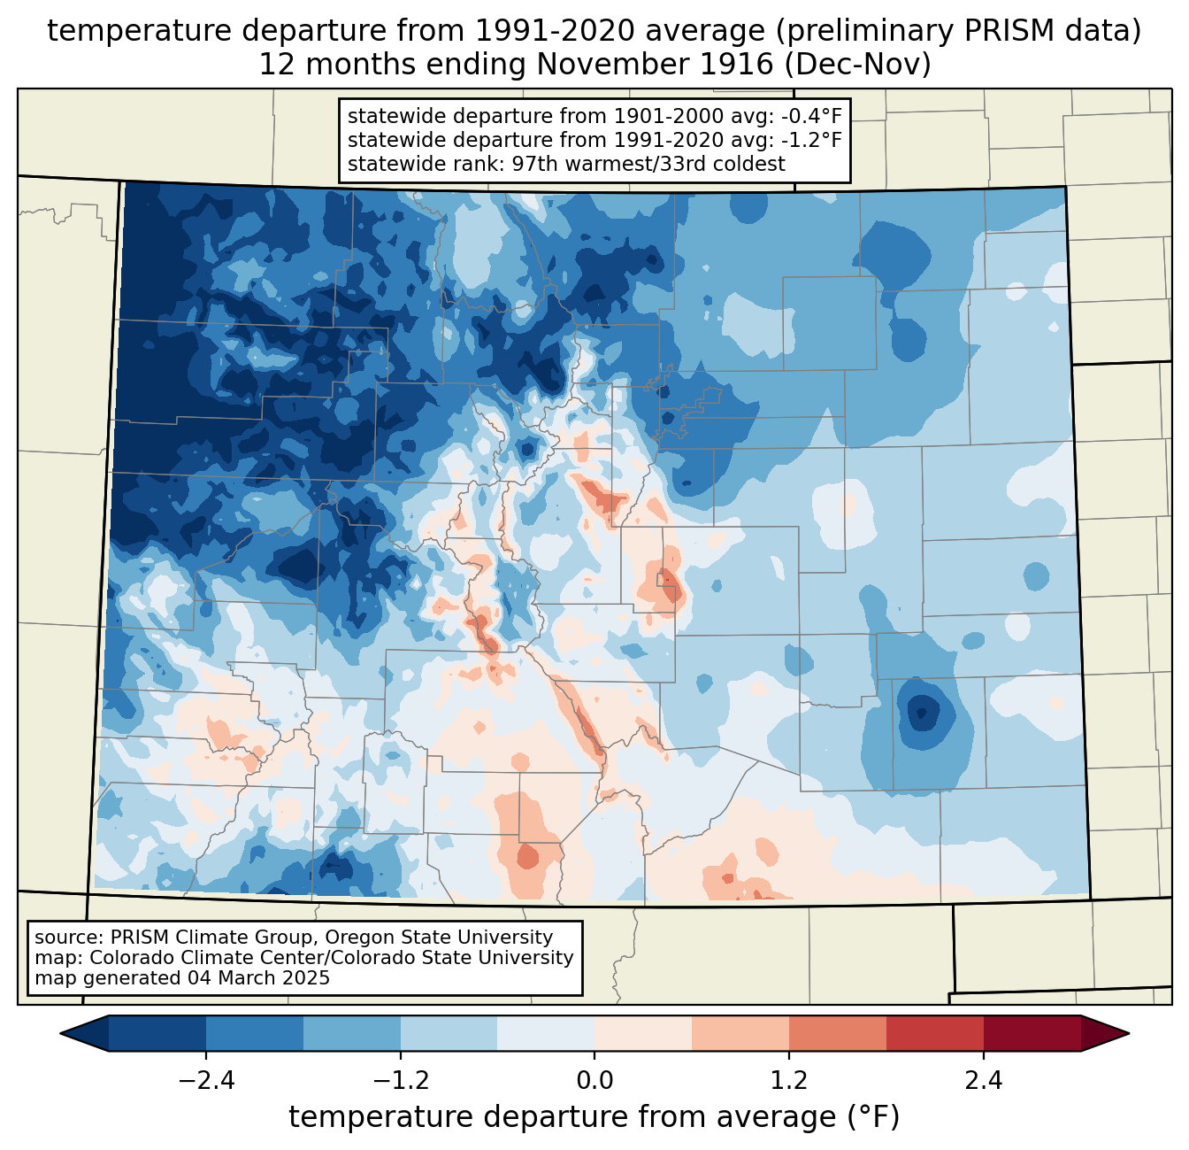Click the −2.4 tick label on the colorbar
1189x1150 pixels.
tap(206, 1081)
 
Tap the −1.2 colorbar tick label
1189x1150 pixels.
tap(401, 1081)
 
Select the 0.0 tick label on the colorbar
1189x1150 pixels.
tap(594, 1081)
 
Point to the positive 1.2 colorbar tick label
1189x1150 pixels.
tap(789, 1081)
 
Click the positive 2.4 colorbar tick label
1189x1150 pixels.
tap(984, 1081)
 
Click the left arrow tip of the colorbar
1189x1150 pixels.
tap(60, 1034)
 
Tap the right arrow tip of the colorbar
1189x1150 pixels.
tap(1129, 1034)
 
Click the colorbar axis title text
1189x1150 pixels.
tap(594, 1116)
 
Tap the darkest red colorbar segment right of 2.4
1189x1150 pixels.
tap(1032, 1034)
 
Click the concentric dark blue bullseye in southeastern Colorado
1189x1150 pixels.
tap(921, 711)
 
